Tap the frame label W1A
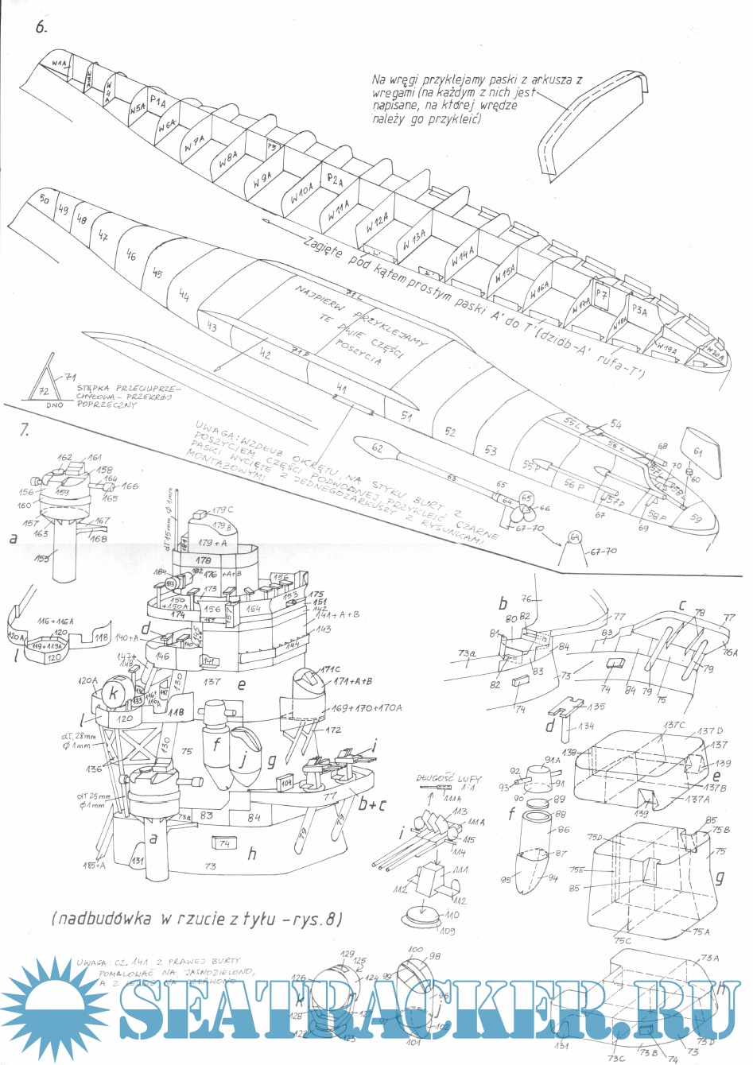click(x=60, y=61)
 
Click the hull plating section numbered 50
click(x=45, y=199)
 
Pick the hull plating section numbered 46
click(x=131, y=255)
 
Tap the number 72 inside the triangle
click(x=45, y=391)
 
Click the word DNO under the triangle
click(x=55, y=405)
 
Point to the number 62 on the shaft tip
click(x=378, y=448)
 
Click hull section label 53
click(x=491, y=450)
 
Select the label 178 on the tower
click(x=203, y=560)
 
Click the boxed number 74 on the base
click(x=224, y=843)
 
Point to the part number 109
click(x=447, y=931)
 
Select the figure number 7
click(x=25, y=430)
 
